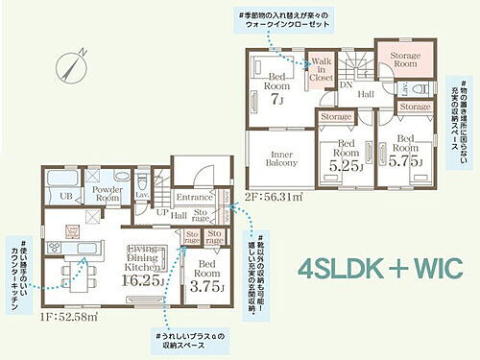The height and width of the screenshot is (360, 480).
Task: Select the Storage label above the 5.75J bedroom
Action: pyautogui.click(x=414, y=107)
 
